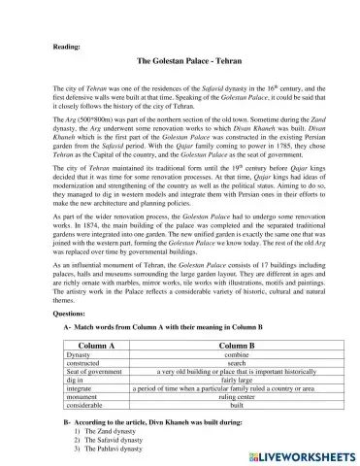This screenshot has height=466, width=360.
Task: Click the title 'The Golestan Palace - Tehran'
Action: coord(180,61)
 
